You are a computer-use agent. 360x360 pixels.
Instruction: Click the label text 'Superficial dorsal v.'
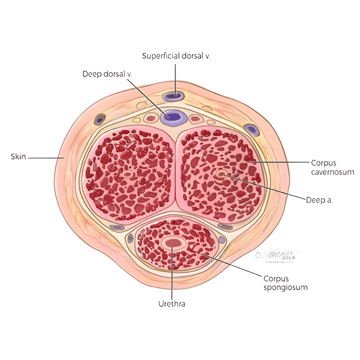point(176,56)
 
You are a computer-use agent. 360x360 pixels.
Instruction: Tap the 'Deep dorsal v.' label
point(107,73)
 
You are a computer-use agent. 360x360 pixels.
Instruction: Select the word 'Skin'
point(18,157)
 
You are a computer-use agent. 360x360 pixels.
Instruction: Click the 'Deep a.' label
point(319,200)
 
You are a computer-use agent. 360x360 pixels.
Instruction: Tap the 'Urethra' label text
point(172,304)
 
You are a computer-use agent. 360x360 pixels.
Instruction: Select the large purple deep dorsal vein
point(174,117)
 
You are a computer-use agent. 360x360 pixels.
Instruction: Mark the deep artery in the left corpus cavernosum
point(128,174)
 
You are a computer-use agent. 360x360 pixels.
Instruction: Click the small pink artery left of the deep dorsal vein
point(151,119)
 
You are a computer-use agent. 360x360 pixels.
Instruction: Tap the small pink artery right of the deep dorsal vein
point(195,119)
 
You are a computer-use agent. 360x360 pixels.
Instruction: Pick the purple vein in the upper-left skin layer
point(100,119)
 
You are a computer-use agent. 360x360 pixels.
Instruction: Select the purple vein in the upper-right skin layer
point(251,130)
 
